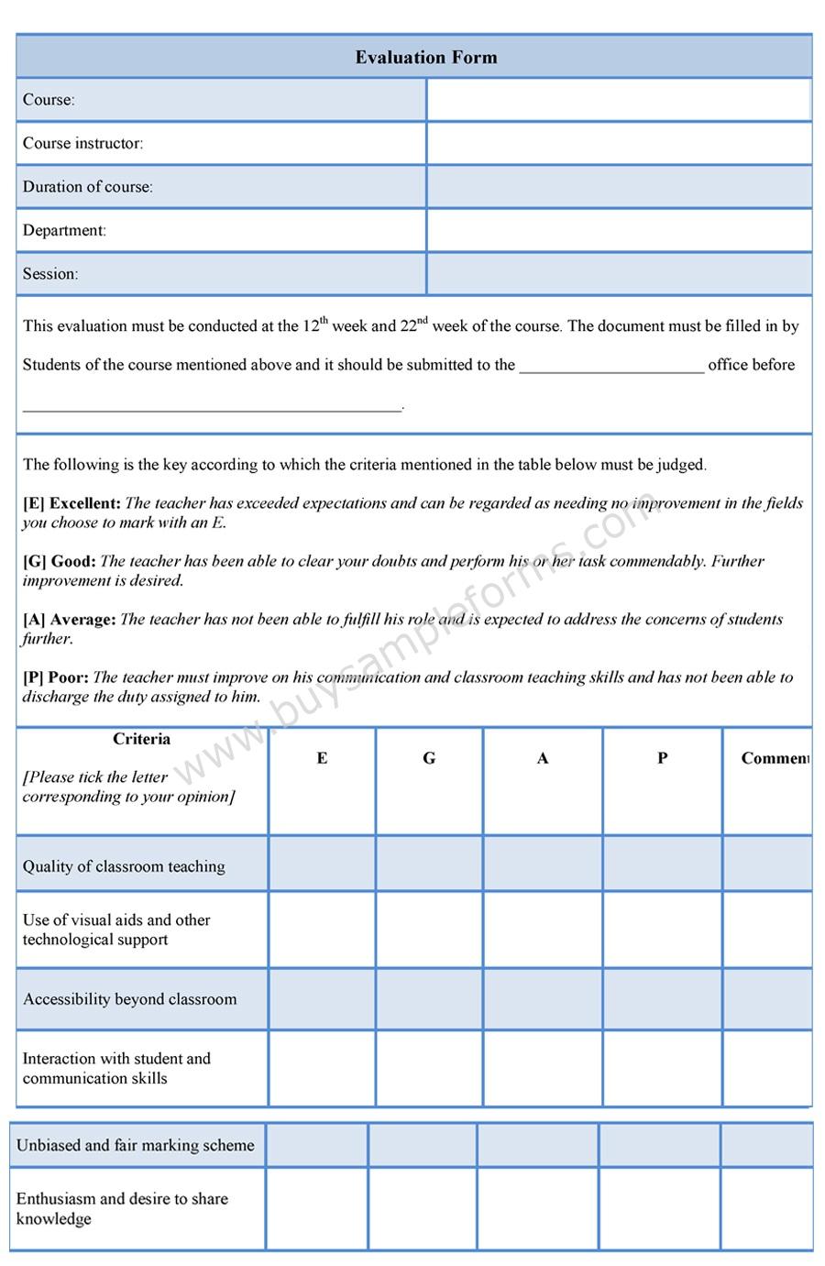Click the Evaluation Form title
[x=426, y=57]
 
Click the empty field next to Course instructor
[x=619, y=143]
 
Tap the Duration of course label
[x=88, y=187]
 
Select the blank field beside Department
[x=619, y=230]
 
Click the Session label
[x=50, y=274]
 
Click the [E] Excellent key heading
[x=71, y=503]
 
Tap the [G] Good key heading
[x=60, y=561]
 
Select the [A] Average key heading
[x=70, y=620]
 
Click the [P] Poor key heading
[x=56, y=677]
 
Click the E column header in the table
[x=322, y=758]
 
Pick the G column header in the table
[x=429, y=758]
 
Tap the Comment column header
[x=774, y=758]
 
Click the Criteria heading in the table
[x=141, y=739]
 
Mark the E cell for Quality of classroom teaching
[x=322, y=864]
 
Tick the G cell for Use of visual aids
[x=429, y=930]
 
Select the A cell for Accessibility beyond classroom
[x=543, y=999]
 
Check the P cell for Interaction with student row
[x=662, y=1068]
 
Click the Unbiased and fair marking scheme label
[x=136, y=1145]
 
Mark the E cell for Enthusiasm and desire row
[x=317, y=1208]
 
